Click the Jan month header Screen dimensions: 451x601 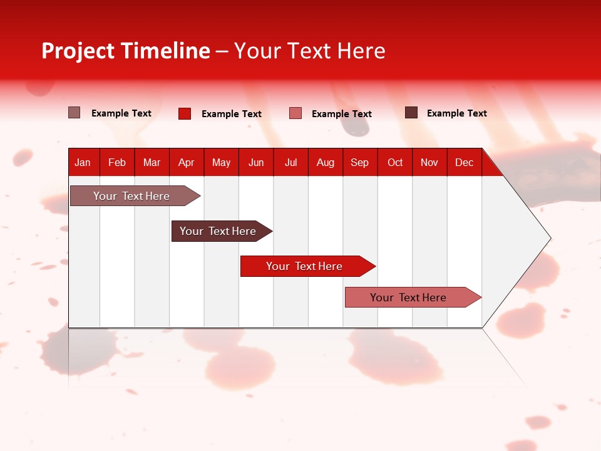pyautogui.click(x=83, y=162)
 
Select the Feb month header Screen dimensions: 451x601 pyautogui.click(x=117, y=162)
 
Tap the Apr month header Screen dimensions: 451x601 pyautogui.click(x=186, y=162)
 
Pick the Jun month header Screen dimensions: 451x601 pyautogui.click(x=256, y=162)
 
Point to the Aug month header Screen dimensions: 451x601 pyautogui.click(x=326, y=162)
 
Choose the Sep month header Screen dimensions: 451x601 pyautogui.click(x=359, y=162)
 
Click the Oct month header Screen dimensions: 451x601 pyautogui.click(x=395, y=162)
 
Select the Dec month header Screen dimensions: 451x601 pyautogui.click(x=464, y=162)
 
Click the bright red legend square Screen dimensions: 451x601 pyautogui.click(x=185, y=113)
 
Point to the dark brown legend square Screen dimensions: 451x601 pyautogui.click(x=411, y=113)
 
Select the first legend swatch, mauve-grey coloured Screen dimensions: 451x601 pyautogui.click(x=74, y=113)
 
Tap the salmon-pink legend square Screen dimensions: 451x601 pyautogui.click(x=295, y=113)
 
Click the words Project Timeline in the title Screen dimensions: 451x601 pyautogui.click(x=126, y=51)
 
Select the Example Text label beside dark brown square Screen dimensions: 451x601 pyautogui.click(x=456, y=113)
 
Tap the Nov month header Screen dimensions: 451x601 pyautogui.click(x=429, y=162)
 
